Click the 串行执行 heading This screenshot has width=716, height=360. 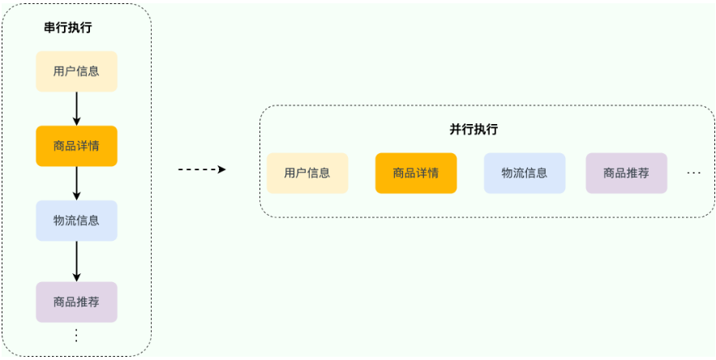67,28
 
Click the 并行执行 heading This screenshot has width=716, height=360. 474,129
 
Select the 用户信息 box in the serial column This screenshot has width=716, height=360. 77,71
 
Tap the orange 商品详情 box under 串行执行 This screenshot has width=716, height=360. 77,146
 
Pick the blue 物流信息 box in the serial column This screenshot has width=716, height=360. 77,221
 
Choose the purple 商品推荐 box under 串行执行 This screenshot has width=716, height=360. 77,302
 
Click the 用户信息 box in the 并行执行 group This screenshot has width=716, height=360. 307,174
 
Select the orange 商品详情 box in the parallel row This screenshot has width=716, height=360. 416,174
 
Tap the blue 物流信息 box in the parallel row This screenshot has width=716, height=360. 525,174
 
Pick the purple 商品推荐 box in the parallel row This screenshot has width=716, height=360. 627,174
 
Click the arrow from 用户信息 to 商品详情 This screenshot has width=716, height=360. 77,109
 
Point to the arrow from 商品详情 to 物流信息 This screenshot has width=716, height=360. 77,183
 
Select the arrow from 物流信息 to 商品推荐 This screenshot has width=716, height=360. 77,261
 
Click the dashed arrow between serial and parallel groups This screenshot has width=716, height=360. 202,169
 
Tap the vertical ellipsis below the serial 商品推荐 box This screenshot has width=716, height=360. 77,336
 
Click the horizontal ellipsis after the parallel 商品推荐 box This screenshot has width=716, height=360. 693,174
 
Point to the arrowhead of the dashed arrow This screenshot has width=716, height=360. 222,169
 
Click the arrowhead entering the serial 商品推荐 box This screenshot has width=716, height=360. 77,277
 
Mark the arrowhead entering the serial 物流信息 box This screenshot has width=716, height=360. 77,196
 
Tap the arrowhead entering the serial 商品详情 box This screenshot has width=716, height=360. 77,122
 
